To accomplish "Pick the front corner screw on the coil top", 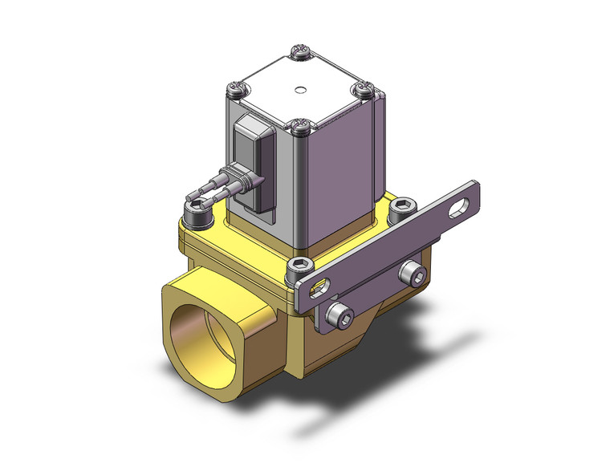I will pyautogui.click(x=300, y=125).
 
